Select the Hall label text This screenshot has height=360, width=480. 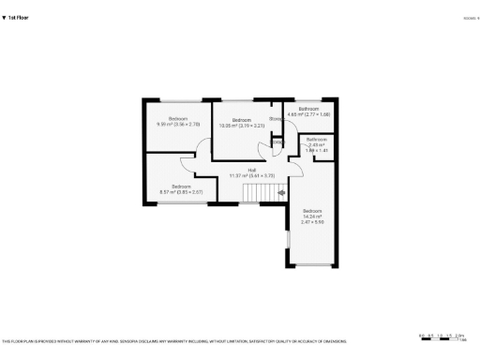(x=252, y=170)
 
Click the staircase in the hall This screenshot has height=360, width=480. (x=258, y=192)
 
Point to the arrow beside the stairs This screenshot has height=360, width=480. (x=281, y=193)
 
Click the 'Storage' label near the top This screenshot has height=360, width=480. (x=277, y=120)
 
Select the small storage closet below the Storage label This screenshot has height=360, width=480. (x=277, y=142)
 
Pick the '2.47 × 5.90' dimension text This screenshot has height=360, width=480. (x=312, y=222)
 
